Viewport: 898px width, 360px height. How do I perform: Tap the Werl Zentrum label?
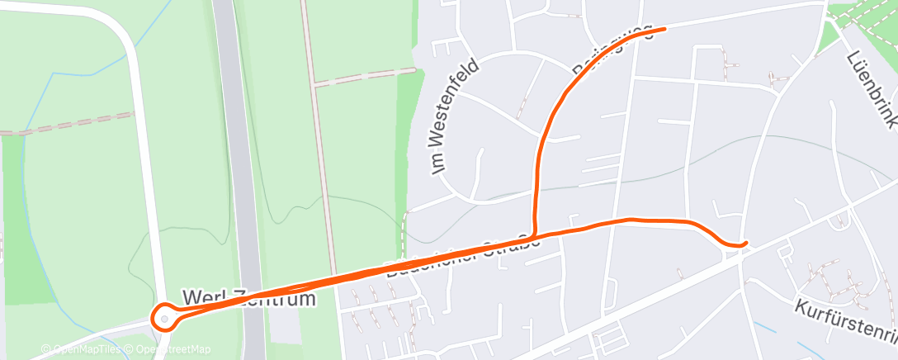pyautogui.click(x=248, y=297)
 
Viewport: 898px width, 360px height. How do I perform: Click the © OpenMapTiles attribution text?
pyautogui.click(x=80, y=350)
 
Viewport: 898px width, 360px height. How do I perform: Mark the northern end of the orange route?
pyautogui.click(x=664, y=28)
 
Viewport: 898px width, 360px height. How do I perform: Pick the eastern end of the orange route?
pyautogui.click(x=745, y=244)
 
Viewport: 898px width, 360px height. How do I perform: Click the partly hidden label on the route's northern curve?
pyautogui.click(x=611, y=51)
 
